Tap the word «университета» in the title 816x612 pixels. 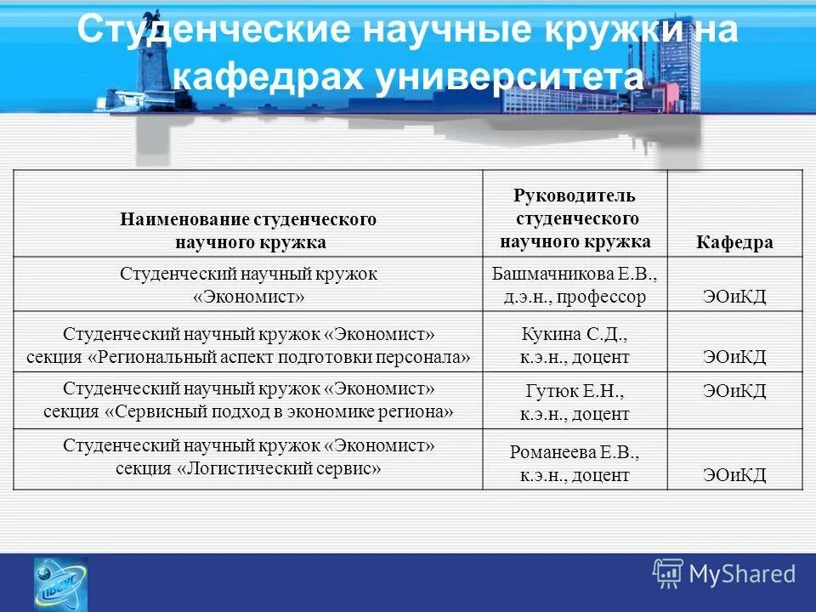(508, 77)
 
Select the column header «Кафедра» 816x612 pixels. (734, 242)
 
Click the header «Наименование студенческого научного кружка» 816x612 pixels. (247, 230)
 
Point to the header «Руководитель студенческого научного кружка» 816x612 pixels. (575, 218)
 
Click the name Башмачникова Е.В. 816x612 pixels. (575, 275)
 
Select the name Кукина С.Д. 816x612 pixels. (575, 334)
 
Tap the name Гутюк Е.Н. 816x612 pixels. (575, 392)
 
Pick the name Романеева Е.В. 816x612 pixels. (575, 452)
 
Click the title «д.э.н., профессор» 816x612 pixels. (575, 297)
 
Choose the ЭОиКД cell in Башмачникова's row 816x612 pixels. (734, 297)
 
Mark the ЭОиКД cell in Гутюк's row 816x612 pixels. (734, 391)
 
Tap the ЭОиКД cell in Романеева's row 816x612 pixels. (734, 475)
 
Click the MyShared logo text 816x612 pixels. (742, 574)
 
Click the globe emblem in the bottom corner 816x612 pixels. (59, 583)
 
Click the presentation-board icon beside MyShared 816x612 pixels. (668, 573)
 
